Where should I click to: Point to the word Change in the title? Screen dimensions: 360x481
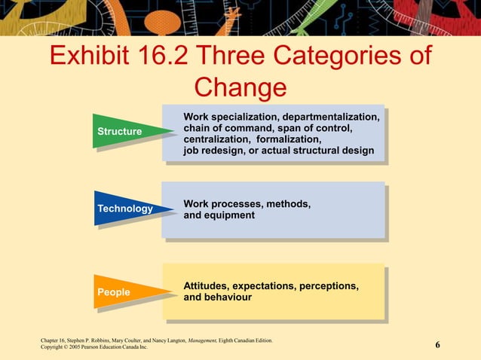[240, 87]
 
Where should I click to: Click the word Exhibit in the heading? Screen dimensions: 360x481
[96, 56]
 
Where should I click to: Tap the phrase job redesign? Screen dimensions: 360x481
[213, 151]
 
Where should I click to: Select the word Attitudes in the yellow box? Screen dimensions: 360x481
[206, 286]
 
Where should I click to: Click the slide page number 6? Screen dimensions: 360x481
[437, 345]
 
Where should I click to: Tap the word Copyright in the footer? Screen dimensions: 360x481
[54, 348]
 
